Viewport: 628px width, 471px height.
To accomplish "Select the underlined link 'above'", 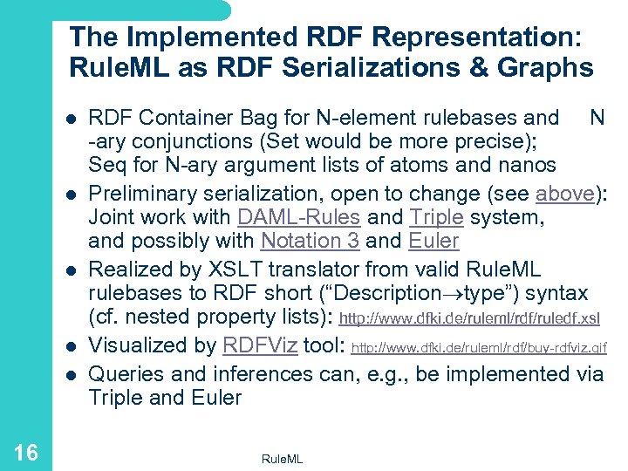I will coord(564,194).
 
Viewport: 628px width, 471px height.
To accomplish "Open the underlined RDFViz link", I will coord(260,345).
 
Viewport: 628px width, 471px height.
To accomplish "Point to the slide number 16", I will coord(25,452).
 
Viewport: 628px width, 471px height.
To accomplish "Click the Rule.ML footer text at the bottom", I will coord(282,459).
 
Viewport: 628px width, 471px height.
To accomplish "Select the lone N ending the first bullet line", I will coord(597,118).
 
